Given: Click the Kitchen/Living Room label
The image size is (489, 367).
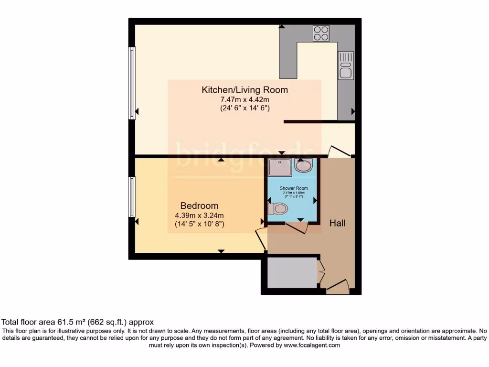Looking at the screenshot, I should (x=244, y=90).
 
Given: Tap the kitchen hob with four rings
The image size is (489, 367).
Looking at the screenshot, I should (x=321, y=33).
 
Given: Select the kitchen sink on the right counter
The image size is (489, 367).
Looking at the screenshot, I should (x=345, y=65).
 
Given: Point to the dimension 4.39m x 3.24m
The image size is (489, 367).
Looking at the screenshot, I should (x=199, y=215).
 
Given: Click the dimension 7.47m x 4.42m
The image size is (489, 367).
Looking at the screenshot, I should (x=244, y=99).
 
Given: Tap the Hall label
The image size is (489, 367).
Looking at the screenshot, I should (x=338, y=223).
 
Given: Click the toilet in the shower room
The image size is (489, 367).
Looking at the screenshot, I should (x=277, y=208).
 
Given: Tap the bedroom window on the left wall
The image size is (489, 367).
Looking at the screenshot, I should (x=131, y=197).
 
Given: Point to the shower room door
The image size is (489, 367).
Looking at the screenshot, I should (x=296, y=227).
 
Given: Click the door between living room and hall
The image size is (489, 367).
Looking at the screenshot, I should (x=340, y=151).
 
